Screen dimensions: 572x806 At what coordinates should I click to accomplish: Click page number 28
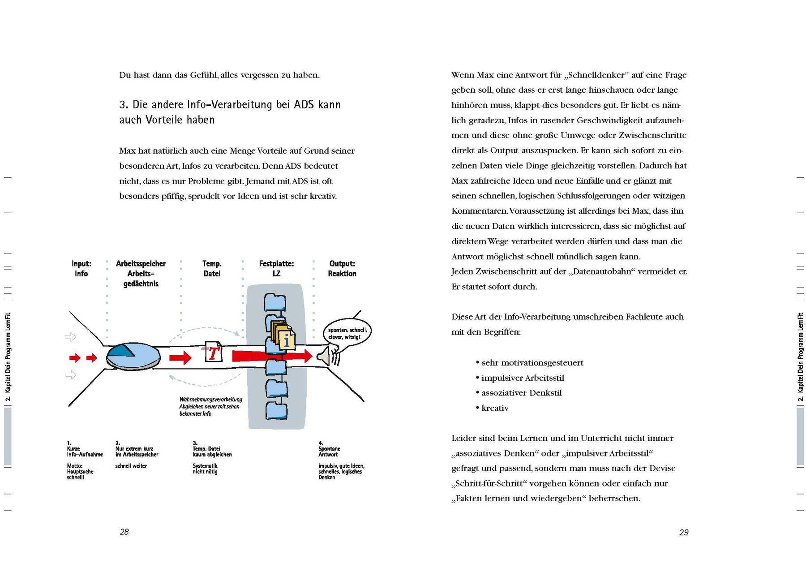[124, 532]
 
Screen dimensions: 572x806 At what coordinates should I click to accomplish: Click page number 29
[684, 533]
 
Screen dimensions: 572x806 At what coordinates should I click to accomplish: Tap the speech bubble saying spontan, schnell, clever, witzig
[347, 333]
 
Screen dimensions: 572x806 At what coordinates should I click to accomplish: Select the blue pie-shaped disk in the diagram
[133, 357]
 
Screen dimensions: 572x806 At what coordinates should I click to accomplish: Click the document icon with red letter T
[213, 352]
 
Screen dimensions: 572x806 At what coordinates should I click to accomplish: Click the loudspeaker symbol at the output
[324, 357]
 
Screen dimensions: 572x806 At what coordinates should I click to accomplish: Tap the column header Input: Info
[81, 268]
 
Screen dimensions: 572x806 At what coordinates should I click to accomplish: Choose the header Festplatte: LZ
[276, 268]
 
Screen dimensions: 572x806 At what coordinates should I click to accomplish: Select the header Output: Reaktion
[342, 268]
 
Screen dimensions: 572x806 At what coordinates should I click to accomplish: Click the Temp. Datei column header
[212, 268]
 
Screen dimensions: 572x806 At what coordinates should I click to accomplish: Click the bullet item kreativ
[495, 408]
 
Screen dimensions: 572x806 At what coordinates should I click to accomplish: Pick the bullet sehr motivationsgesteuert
[532, 363]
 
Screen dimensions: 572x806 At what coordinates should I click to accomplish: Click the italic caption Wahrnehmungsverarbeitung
[210, 400]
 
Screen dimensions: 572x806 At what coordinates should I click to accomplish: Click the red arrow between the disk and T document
[180, 357]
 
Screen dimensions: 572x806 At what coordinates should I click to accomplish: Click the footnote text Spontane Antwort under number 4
[329, 452]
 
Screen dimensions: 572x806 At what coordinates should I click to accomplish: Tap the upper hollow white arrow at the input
[70, 337]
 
